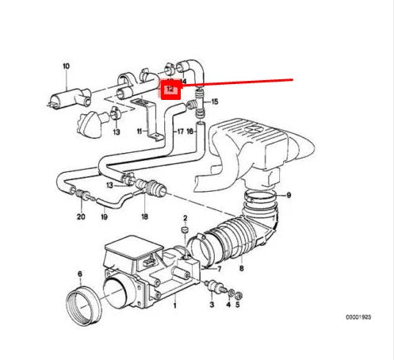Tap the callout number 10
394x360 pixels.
click(66, 66)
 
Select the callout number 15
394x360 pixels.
click(214, 102)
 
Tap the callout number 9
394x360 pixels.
click(289, 194)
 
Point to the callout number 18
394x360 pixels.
click(143, 216)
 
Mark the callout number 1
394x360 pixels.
click(175, 304)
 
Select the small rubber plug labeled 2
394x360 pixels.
click(184, 232)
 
